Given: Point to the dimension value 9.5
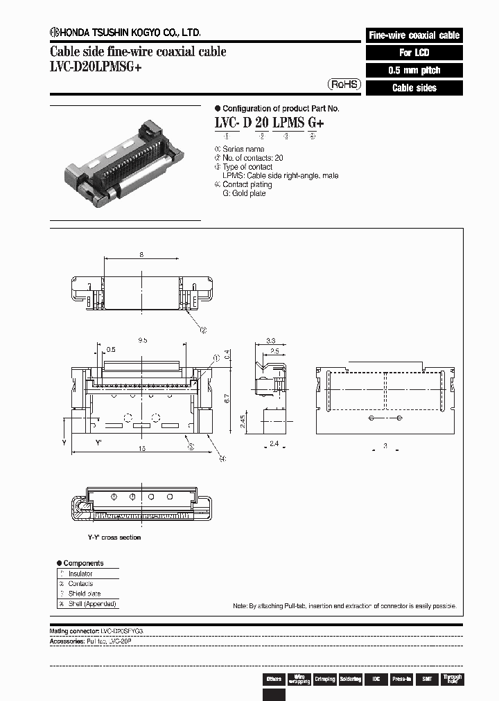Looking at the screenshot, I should tap(142, 341).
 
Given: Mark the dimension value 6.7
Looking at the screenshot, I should tap(236, 400).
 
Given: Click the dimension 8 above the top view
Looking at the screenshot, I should tap(141, 255).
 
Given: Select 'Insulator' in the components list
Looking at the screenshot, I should tap(80, 574).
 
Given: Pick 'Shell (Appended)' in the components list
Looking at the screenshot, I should tap(92, 603).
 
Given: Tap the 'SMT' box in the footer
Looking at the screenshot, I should tap(427, 680).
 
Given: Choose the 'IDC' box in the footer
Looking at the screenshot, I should tap(375, 680).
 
